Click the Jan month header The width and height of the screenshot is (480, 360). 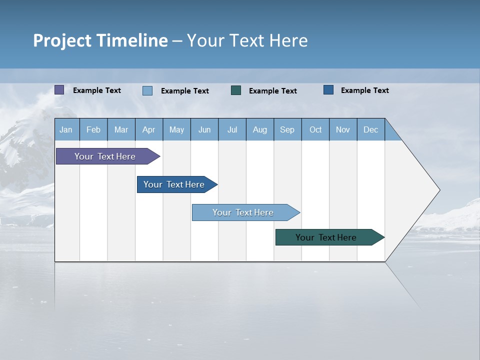66,129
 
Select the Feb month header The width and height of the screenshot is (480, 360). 93,129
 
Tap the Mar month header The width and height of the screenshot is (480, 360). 121,129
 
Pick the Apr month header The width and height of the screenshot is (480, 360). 149,129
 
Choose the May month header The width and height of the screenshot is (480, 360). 176,129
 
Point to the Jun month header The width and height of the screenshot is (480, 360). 204,129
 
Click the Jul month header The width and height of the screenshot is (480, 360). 232,129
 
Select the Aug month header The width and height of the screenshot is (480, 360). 260,129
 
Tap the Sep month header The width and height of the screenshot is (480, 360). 287,129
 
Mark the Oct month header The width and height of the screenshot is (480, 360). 315,129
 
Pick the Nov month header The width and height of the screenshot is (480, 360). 343,129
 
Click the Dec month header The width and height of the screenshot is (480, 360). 371,129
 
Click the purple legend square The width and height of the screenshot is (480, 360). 59,90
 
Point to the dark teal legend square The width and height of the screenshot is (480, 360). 236,90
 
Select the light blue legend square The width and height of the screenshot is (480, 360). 147,90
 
